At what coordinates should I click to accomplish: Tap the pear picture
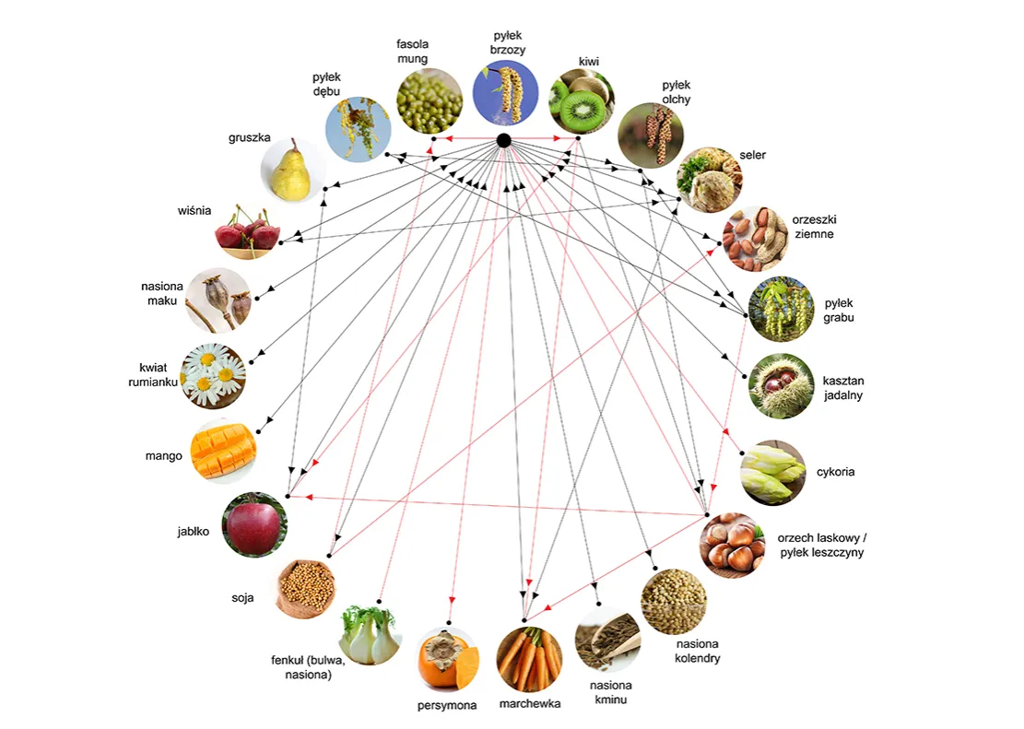pyautogui.click(x=293, y=170)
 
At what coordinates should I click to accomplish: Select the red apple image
pyautogui.click(x=253, y=524)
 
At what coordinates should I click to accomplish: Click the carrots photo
pyautogui.click(x=529, y=659)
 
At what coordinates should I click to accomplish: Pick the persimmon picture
pyautogui.click(x=447, y=660)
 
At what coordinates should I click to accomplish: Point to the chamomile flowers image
pyautogui.click(x=214, y=375)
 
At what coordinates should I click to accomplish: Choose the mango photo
pyautogui.click(x=224, y=452)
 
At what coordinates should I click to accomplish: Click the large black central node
pyautogui.click(x=503, y=140)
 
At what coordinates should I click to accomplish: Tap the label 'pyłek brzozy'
pyautogui.click(x=507, y=43)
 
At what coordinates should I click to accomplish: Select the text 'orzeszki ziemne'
pyautogui.click(x=813, y=227)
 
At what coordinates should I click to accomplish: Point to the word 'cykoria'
pyautogui.click(x=835, y=472)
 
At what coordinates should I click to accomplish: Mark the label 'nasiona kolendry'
pyautogui.click(x=698, y=651)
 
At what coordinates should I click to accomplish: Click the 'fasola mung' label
pyautogui.click(x=412, y=51)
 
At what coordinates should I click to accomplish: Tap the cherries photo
pyautogui.click(x=247, y=231)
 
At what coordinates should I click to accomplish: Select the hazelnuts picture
pyautogui.click(x=732, y=545)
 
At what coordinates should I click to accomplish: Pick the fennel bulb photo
pyautogui.click(x=371, y=634)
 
